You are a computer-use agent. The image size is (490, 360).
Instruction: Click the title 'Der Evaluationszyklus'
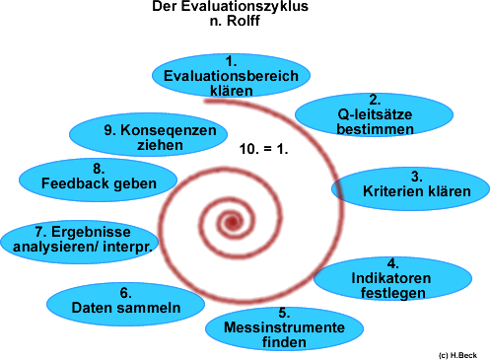(x=231, y=7)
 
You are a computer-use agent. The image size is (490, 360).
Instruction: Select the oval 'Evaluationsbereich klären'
(x=232, y=76)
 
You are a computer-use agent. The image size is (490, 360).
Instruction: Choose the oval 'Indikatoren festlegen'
(x=392, y=278)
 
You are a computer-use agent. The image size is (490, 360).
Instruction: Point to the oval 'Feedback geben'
(x=97, y=176)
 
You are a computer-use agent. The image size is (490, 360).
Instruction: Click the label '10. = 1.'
(x=263, y=149)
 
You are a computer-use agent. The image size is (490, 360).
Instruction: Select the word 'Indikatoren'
(x=392, y=278)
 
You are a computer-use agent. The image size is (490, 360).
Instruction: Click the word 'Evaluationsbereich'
(x=232, y=76)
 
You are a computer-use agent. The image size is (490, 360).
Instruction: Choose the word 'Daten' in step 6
(x=91, y=308)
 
